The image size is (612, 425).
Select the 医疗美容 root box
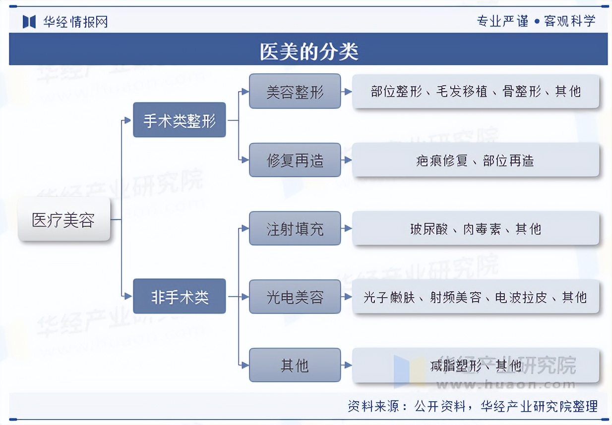[x=63, y=219]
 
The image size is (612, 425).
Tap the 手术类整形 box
[x=179, y=120]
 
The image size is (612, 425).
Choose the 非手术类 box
[x=179, y=296]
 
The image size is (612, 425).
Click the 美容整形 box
[x=295, y=91]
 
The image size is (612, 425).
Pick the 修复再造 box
[x=295, y=160]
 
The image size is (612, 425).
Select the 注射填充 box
[x=295, y=228]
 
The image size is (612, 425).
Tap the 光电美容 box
[x=295, y=297]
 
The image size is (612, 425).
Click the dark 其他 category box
[x=295, y=365]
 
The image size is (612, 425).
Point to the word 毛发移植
[x=462, y=91]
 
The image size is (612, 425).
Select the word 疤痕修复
[x=442, y=160]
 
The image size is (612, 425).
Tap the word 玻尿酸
[x=429, y=229]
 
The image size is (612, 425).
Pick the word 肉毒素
[x=482, y=229]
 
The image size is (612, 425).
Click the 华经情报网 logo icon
[x=30, y=21]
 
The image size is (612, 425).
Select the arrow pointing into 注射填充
[x=244, y=228]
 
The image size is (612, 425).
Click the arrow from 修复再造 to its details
[x=347, y=160]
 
